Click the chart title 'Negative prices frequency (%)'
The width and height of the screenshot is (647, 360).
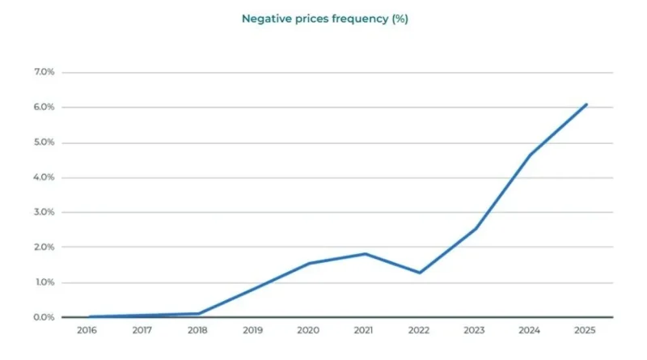pos(325,19)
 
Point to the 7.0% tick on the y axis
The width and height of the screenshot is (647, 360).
pos(44,73)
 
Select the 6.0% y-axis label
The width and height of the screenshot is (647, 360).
pos(44,108)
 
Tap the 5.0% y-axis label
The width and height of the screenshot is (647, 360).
pos(44,142)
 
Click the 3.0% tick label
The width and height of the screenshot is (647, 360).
pos(44,213)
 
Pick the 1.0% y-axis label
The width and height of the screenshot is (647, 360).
pos(44,282)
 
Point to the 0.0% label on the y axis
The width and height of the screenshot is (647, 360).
pos(44,317)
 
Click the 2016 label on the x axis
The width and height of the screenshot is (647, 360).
pos(87,330)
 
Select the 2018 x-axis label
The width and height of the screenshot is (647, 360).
pos(197,330)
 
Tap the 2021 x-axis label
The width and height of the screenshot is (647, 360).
pos(365,330)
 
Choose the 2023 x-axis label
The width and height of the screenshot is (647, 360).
pos(476,330)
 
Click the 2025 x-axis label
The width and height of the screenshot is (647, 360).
pos(586,330)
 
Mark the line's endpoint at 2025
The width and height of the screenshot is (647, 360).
pos(586,104)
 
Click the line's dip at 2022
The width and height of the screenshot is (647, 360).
pos(420,273)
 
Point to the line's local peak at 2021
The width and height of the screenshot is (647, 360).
pos(365,254)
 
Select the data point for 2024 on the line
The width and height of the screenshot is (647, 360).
pos(531,155)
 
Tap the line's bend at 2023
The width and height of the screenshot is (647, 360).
pos(476,228)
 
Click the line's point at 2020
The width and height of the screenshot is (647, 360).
pos(309,263)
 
